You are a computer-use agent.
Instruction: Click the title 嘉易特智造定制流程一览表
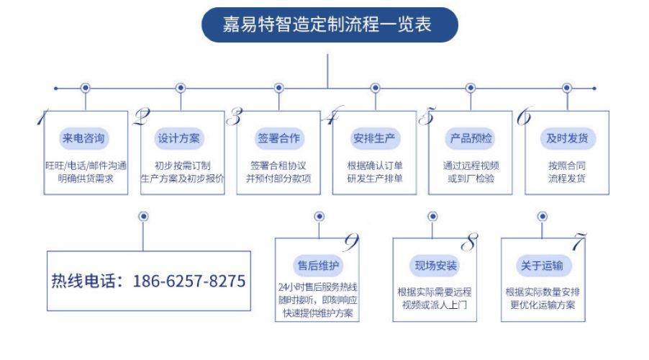tap(327, 26)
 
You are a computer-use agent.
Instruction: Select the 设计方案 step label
tap(180, 138)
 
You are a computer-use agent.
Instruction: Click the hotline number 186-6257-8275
tap(189, 281)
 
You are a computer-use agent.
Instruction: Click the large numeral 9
tap(351, 243)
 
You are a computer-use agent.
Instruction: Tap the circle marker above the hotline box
tap(143, 216)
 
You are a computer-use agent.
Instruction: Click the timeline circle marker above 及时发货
tap(566, 88)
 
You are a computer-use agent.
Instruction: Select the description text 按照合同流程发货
tap(567, 171)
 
